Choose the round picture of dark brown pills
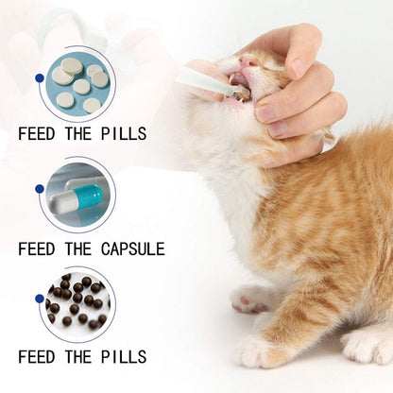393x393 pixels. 77,303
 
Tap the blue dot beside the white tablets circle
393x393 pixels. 38,78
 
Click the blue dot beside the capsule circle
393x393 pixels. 38,188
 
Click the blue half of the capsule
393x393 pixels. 89,197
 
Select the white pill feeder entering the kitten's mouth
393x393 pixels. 203,82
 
